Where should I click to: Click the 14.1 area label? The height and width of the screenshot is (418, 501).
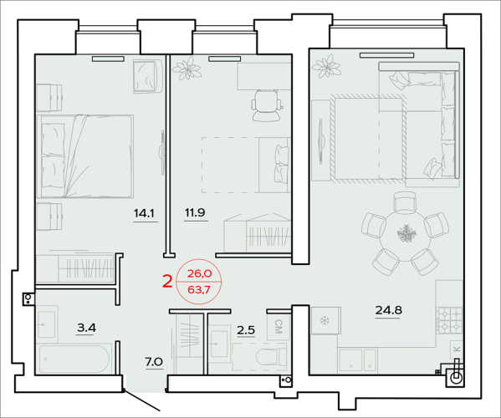144,213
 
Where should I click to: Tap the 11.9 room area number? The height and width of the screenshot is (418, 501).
195,212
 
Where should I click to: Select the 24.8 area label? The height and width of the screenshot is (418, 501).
389,310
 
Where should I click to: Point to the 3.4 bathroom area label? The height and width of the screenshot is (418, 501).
86,328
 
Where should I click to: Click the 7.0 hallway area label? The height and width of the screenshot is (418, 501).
154,362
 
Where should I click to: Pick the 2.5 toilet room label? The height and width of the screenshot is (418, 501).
246,330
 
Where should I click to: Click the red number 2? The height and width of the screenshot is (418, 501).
168,282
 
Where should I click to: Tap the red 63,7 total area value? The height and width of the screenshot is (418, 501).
199,290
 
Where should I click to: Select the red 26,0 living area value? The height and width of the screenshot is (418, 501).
199,273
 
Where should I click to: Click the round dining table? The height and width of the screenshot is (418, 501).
405,236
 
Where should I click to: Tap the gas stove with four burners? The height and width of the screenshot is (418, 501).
449,320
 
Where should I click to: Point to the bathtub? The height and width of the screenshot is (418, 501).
75,359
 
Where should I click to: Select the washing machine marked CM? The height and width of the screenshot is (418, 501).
279,327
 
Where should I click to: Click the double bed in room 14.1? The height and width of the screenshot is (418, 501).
85,156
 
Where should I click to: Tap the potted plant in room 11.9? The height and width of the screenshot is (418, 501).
187,68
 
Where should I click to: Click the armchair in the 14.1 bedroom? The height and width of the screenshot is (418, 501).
147,76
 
